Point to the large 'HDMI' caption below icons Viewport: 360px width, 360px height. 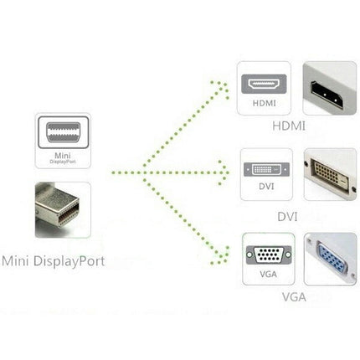tap(289, 126)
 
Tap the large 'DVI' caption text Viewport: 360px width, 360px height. tap(288, 216)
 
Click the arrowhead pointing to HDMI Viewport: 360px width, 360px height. tap(223, 86)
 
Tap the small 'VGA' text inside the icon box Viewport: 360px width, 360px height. tap(268, 275)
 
